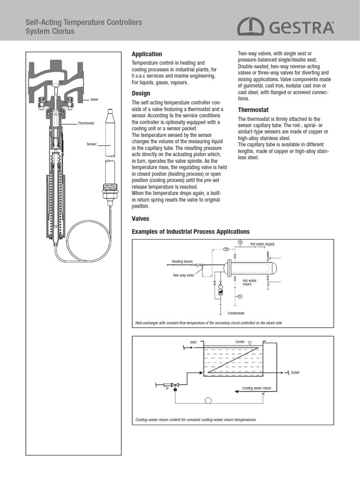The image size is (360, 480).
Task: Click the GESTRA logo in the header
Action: [x=285, y=27]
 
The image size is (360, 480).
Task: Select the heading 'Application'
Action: [x=147, y=54]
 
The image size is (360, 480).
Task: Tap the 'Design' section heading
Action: [x=141, y=93]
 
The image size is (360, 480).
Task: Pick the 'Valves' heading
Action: [x=141, y=218]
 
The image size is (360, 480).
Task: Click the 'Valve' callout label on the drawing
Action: [x=94, y=100]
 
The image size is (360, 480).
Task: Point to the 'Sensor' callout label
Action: [x=91, y=144]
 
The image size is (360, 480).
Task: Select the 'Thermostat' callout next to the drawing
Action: [x=86, y=123]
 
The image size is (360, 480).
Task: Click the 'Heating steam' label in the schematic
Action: [x=182, y=261]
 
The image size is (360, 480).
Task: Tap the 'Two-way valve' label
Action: [x=183, y=276]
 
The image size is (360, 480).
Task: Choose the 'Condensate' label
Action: [x=236, y=313]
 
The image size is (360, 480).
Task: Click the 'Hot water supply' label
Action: [x=262, y=244]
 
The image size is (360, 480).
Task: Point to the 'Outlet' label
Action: [x=295, y=373]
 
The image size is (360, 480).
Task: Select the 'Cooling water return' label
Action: [x=256, y=388]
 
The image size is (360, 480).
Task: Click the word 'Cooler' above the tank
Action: [x=240, y=342]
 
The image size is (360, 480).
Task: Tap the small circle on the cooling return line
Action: [x=208, y=400]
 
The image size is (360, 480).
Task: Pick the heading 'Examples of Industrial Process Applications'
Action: [x=191, y=232]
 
